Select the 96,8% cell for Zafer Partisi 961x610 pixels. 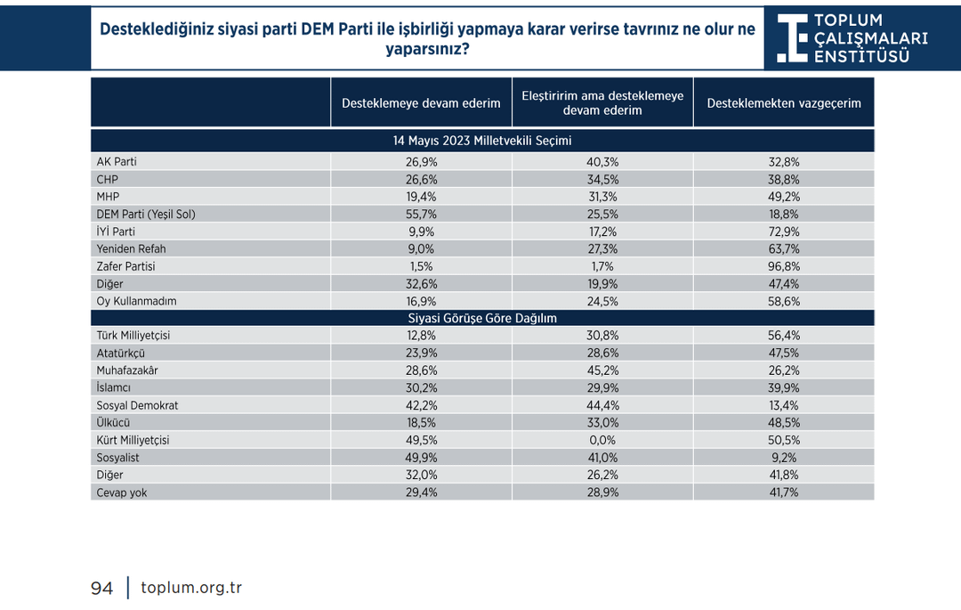coord(783,266)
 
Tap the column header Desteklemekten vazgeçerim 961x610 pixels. coord(783,103)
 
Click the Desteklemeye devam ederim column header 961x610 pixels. coord(421,103)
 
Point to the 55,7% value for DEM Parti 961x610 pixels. coord(421,215)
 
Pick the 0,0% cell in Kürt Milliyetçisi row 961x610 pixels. coord(602,440)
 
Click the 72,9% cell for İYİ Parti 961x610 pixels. coord(783,232)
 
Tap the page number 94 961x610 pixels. coord(102,589)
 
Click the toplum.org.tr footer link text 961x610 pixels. coord(191,588)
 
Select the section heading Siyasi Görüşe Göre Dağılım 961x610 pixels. coord(482,318)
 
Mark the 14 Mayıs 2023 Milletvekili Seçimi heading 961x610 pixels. coord(482,141)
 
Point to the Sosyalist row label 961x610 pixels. coord(117,458)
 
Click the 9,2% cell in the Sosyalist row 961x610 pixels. coord(783,458)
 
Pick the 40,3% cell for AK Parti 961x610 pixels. coord(602,162)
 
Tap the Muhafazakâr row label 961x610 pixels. coord(127,370)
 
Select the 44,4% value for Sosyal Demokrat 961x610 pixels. coord(602,405)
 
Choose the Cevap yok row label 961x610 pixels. coord(122,492)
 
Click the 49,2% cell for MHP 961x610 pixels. coord(783,197)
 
